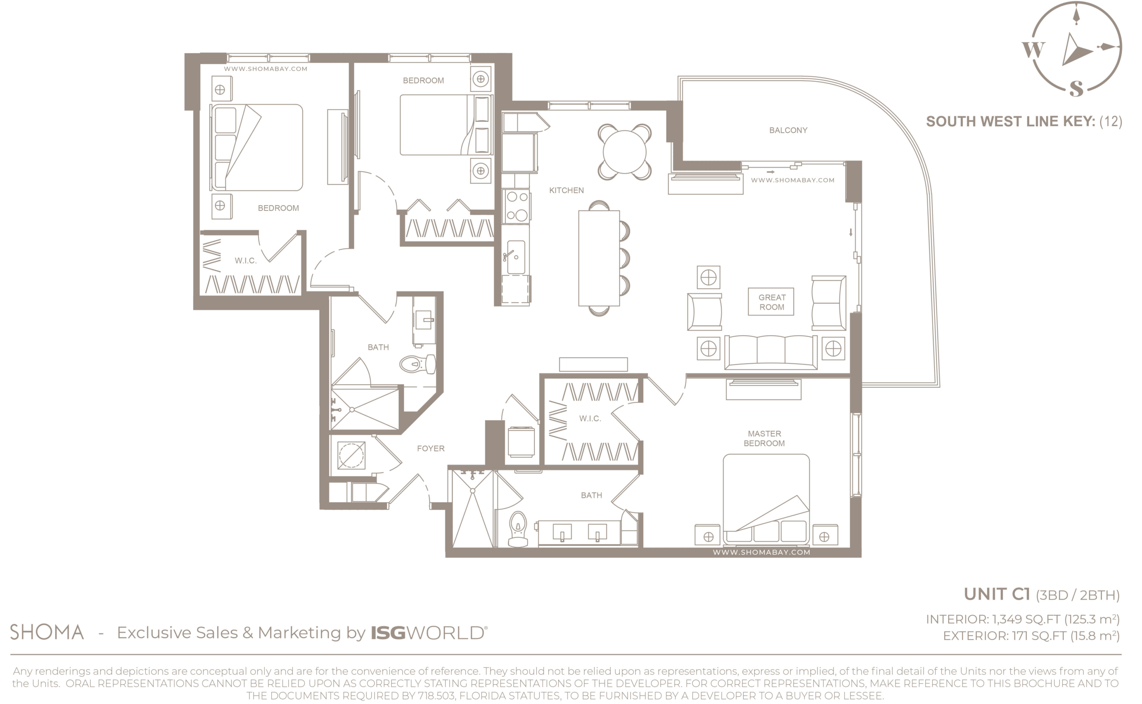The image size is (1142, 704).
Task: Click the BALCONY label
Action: pyautogui.click(x=788, y=130)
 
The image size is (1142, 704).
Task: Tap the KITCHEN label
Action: pyautogui.click(x=566, y=190)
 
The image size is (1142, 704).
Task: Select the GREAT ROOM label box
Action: pyautogui.click(x=771, y=302)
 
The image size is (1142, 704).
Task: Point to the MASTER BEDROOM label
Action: pyautogui.click(x=764, y=439)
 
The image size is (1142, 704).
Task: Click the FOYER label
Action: pyautogui.click(x=430, y=448)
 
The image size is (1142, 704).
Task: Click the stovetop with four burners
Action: pyautogui.click(x=517, y=206)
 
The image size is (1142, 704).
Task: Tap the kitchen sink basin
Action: pyautogui.click(x=516, y=257)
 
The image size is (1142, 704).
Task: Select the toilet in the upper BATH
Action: pyautogui.click(x=418, y=364)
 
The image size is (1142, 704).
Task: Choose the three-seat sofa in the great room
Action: pyautogui.click(x=770, y=352)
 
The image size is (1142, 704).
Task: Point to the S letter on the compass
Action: pyautogui.click(x=1076, y=88)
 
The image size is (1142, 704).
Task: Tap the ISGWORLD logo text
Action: pyautogui.click(x=429, y=633)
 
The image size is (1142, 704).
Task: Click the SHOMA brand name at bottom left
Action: pyautogui.click(x=47, y=632)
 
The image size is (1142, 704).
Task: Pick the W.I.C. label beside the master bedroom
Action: pyautogui.click(x=590, y=418)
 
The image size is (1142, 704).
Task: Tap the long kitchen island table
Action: pyautogui.click(x=599, y=258)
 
